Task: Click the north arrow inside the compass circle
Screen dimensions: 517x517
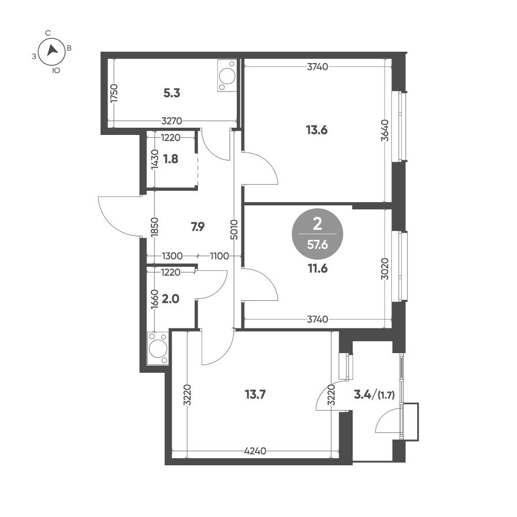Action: pos(52,51)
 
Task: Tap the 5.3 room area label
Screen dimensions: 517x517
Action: pos(172,93)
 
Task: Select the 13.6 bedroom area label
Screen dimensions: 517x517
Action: pos(316,130)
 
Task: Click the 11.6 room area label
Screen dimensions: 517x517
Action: pos(317,269)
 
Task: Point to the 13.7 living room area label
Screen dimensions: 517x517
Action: pos(255,394)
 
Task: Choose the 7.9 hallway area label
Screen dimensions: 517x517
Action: pos(198,227)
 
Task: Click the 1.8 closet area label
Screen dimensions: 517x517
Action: pos(171,159)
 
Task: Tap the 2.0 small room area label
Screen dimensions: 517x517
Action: pos(171,299)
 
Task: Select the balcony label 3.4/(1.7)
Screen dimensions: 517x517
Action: pos(374,394)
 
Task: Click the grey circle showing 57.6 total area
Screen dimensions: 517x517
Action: pos(317,234)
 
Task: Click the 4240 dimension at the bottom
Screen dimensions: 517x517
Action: pos(255,451)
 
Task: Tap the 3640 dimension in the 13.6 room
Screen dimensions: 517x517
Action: pos(385,131)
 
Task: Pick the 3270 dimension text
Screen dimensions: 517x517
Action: pos(172,121)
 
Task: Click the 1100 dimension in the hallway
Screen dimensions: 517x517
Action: pos(220,256)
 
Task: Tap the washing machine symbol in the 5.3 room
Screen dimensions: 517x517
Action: pos(227,75)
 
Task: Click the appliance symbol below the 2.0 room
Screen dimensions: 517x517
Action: pos(158,348)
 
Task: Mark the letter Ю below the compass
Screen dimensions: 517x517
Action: pos(56,70)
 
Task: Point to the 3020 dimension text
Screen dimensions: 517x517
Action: pos(385,269)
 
